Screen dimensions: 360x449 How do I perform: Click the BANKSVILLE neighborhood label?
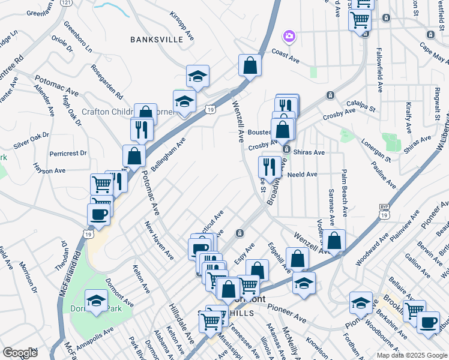(x=156, y=40)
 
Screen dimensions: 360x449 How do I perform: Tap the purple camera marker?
(x=289, y=37)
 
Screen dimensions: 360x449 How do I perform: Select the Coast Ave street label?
(x=285, y=55)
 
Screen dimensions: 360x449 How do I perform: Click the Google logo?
(x=20, y=352)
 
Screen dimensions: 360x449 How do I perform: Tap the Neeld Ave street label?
(x=302, y=175)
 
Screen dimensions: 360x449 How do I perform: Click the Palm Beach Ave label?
(x=345, y=193)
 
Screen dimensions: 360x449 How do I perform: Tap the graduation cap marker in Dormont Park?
(x=96, y=302)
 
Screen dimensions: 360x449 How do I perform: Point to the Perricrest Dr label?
(x=68, y=154)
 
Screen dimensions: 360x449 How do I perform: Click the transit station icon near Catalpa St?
(x=330, y=95)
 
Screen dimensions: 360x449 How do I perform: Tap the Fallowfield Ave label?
(x=379, y=70)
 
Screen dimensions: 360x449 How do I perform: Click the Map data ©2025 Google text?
(x=412, y=355)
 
